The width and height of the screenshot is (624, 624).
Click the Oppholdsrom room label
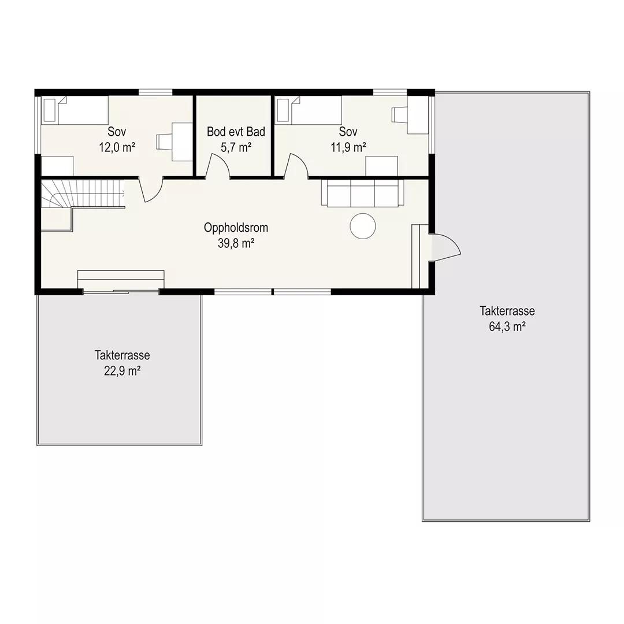click(236, 228)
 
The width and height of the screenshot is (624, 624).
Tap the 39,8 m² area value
click(236, 243)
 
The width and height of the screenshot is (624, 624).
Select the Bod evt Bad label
click(236, 132)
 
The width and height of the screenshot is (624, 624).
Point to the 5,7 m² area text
click(236, 148)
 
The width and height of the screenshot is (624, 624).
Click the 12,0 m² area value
click(117, 148)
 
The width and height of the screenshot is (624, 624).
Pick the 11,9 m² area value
click(348, 148)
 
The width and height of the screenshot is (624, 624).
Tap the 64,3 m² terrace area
click(507, 326)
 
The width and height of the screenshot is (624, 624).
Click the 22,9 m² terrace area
click(122, 371)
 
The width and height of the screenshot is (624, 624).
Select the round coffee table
click(363, 226)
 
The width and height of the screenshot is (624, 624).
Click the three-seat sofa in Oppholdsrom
click(362, 193)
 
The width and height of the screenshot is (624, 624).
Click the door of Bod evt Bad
click(218, 166)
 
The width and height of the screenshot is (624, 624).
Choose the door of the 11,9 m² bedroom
click(296, 166)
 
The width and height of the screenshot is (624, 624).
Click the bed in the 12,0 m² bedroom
click(75, 110)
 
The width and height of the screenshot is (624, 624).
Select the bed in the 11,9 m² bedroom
click(309, 110)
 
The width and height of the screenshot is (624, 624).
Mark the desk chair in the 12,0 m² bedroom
click(164, 142)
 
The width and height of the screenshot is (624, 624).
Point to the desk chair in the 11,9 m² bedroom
click(400, 115)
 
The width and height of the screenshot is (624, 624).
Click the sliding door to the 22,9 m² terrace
click(121, 292)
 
